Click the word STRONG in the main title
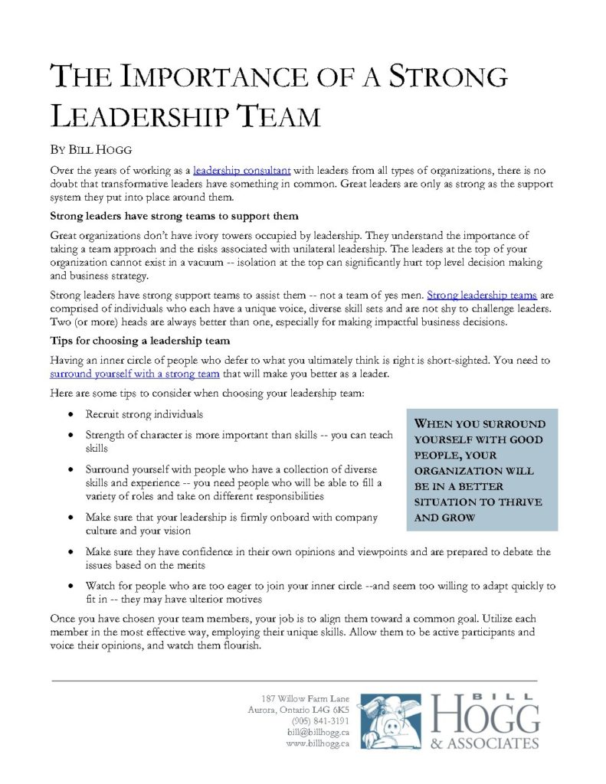coord(446,79)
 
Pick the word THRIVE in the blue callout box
coord(515,501)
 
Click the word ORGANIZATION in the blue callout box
coord(474,471)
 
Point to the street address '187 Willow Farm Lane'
coord(305,698)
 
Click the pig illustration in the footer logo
coord(391,720)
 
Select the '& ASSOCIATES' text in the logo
coord(486,743)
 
